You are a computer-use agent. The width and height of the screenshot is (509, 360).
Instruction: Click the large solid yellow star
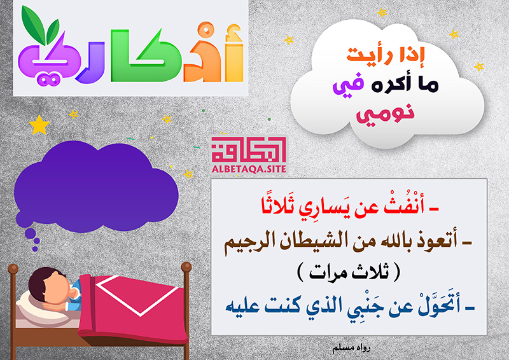point(39,125)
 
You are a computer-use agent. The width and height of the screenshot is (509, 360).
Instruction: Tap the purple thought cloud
point(96,186)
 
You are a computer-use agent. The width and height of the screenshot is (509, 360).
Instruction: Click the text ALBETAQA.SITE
point(249,169)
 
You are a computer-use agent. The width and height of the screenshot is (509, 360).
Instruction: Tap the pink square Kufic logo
point(249,150)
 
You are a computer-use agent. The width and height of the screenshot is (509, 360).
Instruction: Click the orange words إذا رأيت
point(386,55)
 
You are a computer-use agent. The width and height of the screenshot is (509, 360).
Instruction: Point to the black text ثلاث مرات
point(349,272)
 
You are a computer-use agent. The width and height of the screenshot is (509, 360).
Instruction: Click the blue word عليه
point(242,306)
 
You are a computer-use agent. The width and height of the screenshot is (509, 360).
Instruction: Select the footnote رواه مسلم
point(351,349)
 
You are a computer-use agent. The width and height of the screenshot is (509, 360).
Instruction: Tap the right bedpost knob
point(186,267)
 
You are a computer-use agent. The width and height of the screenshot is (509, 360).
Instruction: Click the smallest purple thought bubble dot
point(35,249)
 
